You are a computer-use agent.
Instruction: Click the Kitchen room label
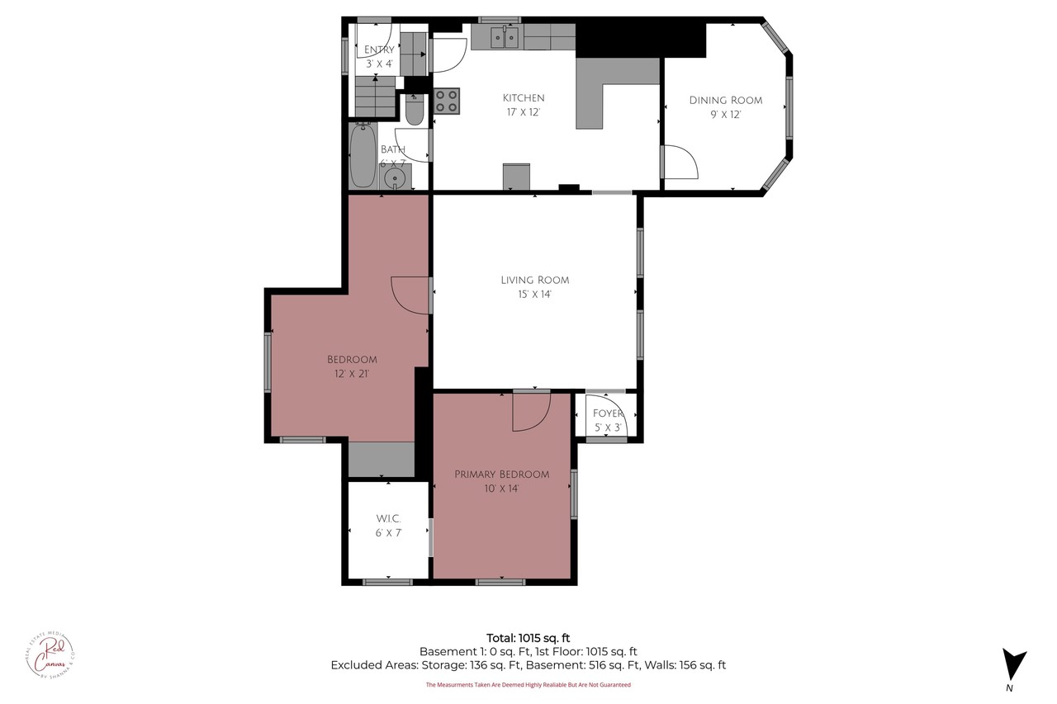(x=524, y=97)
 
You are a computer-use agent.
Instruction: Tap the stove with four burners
(x=447, y=101)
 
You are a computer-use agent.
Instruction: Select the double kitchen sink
(x=504, y=36)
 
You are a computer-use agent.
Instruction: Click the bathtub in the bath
(x=363, y=155)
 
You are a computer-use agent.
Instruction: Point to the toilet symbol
(x=415, y=110)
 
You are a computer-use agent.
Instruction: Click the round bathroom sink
(x=396, y=177)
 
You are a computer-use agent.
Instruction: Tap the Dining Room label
(x=726, y=100)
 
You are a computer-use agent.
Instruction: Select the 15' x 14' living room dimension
(x=534, y=294)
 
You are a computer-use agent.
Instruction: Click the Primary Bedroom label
(x=501, y=474)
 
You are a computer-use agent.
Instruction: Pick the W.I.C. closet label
(x=388, y=518)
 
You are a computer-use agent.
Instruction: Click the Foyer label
(x=609, y=413)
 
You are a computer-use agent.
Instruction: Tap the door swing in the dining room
(x=680, y=162)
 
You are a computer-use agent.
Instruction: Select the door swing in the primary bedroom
(x=530, y=411)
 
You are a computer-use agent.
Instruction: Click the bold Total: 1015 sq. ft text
(x=528, y=637)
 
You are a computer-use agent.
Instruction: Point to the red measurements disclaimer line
(x=528, y=684)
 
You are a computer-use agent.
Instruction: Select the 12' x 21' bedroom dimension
(x=352, y=373)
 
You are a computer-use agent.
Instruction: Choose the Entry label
(x=379, y=50)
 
